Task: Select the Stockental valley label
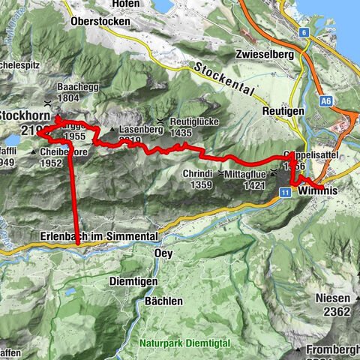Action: pos(225,78)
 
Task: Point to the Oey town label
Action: pos(163,253)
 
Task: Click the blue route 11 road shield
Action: pos(287,192)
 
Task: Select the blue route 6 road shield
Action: pos(304,32)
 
